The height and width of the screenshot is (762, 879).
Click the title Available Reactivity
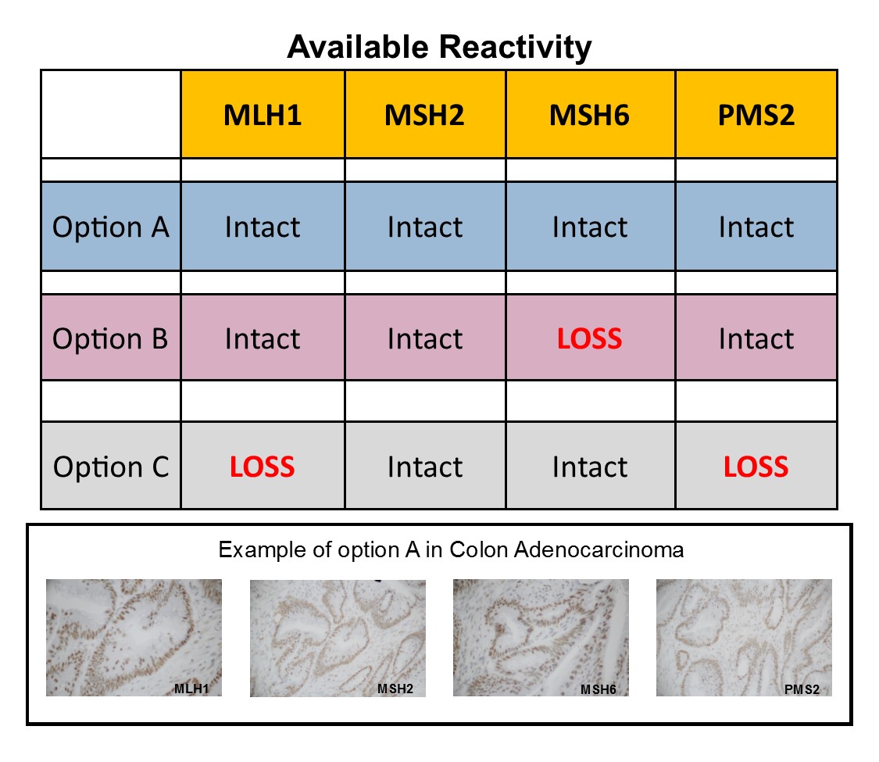point(439,48)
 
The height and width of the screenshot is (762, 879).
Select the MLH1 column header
point(263,114)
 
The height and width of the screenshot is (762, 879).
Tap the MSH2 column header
point(424,114)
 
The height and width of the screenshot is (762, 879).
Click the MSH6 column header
point(590,114)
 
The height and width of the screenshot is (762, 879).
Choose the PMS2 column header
point(756,114)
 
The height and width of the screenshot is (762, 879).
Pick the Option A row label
point(110,227)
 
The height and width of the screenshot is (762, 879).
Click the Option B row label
point(110,338)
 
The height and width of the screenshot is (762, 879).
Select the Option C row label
point(110,467)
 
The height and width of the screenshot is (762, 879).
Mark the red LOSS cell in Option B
point(590,338)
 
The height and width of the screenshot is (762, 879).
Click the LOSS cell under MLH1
point(263,467)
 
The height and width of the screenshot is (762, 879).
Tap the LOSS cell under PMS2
point(756,467)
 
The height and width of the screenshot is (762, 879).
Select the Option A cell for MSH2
point(424,227)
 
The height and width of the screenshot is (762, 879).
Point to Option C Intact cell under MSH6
point(590,467)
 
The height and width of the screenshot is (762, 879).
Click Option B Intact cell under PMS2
point(756,338)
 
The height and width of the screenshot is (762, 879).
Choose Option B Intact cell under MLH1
point(263,338)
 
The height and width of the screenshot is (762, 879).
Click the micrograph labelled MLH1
point(134,637)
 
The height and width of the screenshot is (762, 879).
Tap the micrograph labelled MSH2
point(338,637)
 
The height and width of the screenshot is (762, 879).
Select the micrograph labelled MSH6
point(541,637)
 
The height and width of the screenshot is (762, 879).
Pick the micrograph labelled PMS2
point(743,637)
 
